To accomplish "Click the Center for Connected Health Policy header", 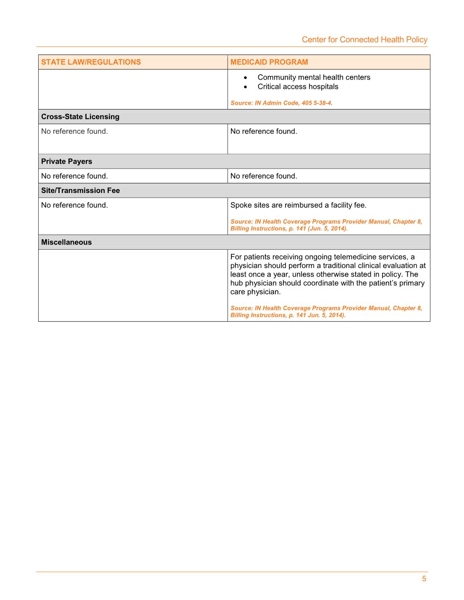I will coord(364,39).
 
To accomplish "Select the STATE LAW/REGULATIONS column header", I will coord(91,62).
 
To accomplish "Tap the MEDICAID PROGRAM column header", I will coord(269,62).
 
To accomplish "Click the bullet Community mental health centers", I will coord(314,77).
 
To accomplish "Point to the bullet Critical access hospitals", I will coord(298,86).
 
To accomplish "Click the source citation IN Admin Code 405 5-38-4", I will coord(281,103).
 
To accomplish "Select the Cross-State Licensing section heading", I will coord(80,117).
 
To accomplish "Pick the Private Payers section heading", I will coord(66,162).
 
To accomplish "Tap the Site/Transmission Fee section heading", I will coord(80,190).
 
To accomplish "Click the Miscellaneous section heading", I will coord(66,242).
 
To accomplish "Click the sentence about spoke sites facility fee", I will coord(298,205).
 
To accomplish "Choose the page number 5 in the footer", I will coord(424,579).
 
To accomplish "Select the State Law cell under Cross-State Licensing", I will coord(74,131).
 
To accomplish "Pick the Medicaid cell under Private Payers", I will coord(264,176).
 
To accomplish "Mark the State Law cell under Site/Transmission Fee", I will coord(74,205).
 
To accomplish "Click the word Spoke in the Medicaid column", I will coord(241,205).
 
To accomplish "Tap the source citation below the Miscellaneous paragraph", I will coord(326,311).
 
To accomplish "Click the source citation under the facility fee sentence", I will coord(326,225).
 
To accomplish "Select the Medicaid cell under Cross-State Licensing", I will coord(264,131).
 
